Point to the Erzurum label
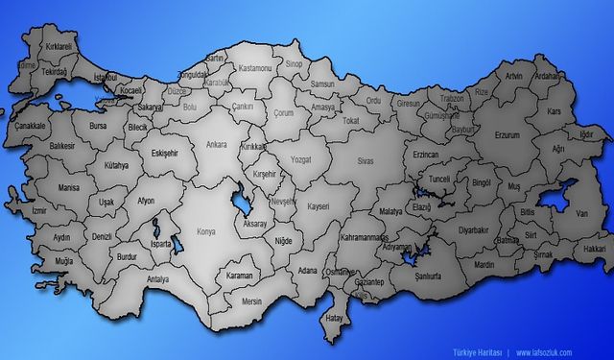point(506,135)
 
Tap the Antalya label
point(157,279)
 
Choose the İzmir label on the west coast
point(38,209)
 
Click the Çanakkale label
point(31,125)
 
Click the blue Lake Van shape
point(555,203)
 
